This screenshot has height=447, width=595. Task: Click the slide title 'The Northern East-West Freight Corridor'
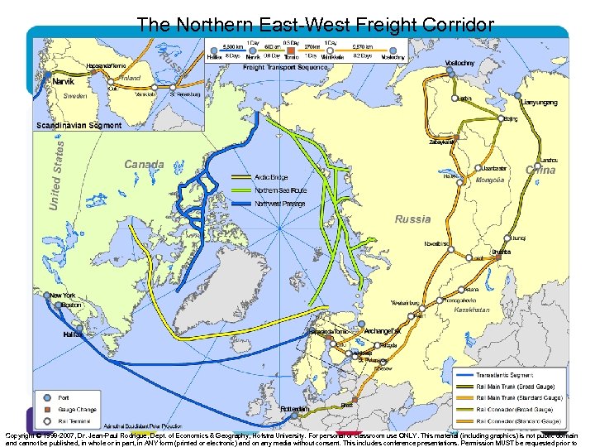[x=316, y=25]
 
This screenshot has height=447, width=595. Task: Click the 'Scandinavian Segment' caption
[x=79, y=126]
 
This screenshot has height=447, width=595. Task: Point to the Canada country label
[x=144, y=164]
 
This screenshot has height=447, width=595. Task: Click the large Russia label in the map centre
[x=412, y=219]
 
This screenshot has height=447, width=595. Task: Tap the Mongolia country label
[x=490, y=180]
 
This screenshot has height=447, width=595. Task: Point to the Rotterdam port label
[x=294, y=409]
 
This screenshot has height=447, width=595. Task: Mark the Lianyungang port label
[x=540, y=103]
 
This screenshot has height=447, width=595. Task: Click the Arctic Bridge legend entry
[x=271, y=177]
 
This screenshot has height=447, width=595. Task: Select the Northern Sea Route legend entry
[x=280, y=190]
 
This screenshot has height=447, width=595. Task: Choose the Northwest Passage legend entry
[x=279, y=204]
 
